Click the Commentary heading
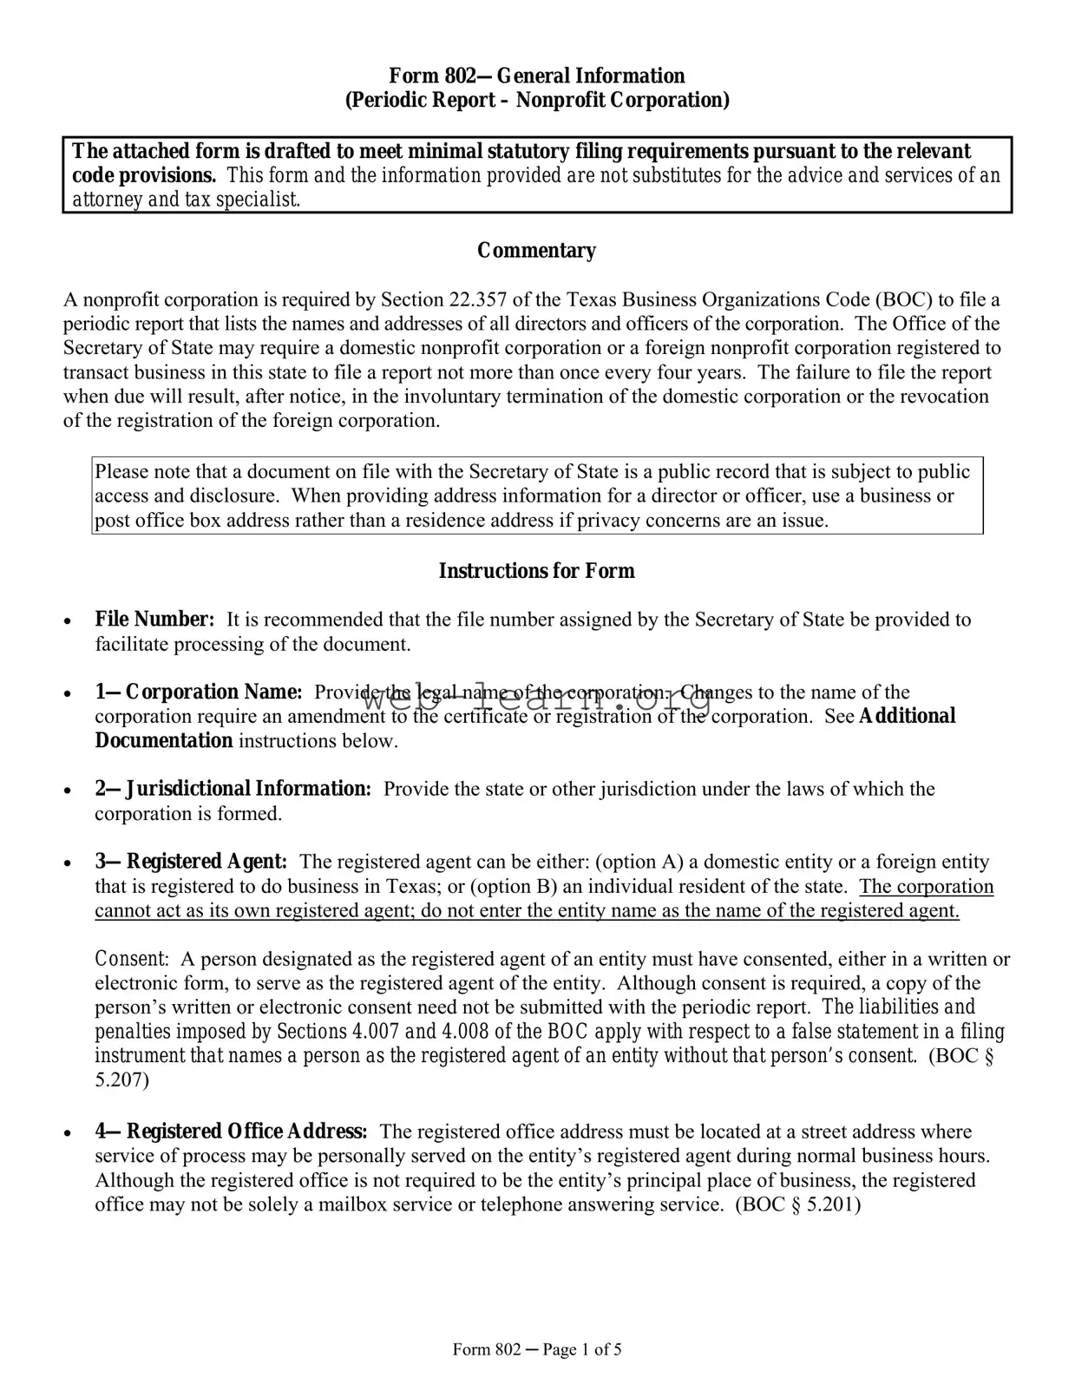coord(536,251)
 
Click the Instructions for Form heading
coord(536,571)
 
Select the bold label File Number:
coord(154,620)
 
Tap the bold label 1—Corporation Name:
coord(199,692)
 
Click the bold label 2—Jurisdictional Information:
coord(233,789)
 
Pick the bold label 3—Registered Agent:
coord(191,862)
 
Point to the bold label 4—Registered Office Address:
coord(231,1132)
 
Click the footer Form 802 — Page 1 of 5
coord(537,1349)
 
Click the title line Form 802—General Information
coord(536,76)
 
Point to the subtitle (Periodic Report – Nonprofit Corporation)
coord(537,101)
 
